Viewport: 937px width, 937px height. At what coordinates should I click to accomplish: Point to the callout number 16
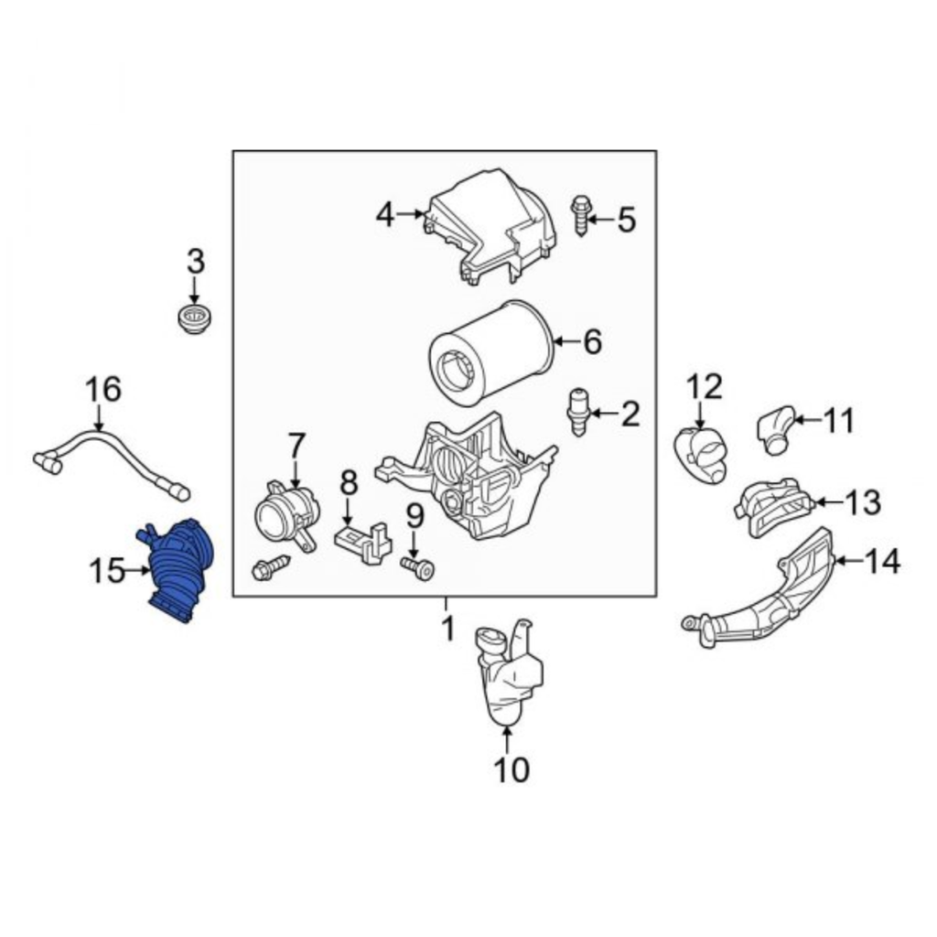point(102,389)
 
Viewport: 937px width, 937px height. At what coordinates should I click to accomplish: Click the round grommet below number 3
point(196,319)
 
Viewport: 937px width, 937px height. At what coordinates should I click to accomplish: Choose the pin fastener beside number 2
point(578,413)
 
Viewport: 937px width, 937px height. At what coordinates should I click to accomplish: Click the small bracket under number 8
point(363,542)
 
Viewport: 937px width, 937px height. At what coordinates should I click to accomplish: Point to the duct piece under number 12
point(701,454)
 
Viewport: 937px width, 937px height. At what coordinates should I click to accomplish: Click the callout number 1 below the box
point(447,628)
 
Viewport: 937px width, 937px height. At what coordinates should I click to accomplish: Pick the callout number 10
point(512,770)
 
